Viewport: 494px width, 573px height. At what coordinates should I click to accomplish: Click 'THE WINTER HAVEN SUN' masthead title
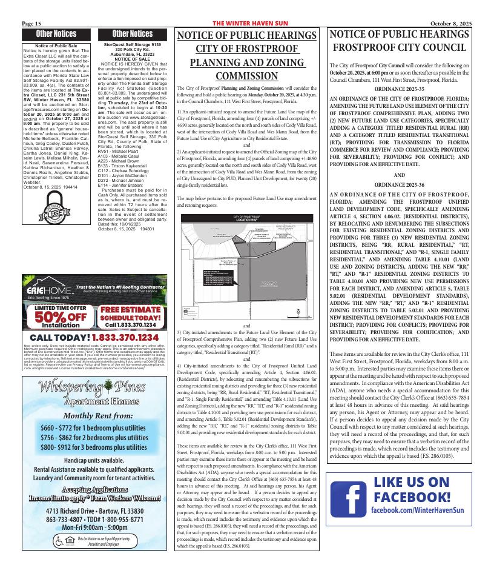[249, 23]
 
